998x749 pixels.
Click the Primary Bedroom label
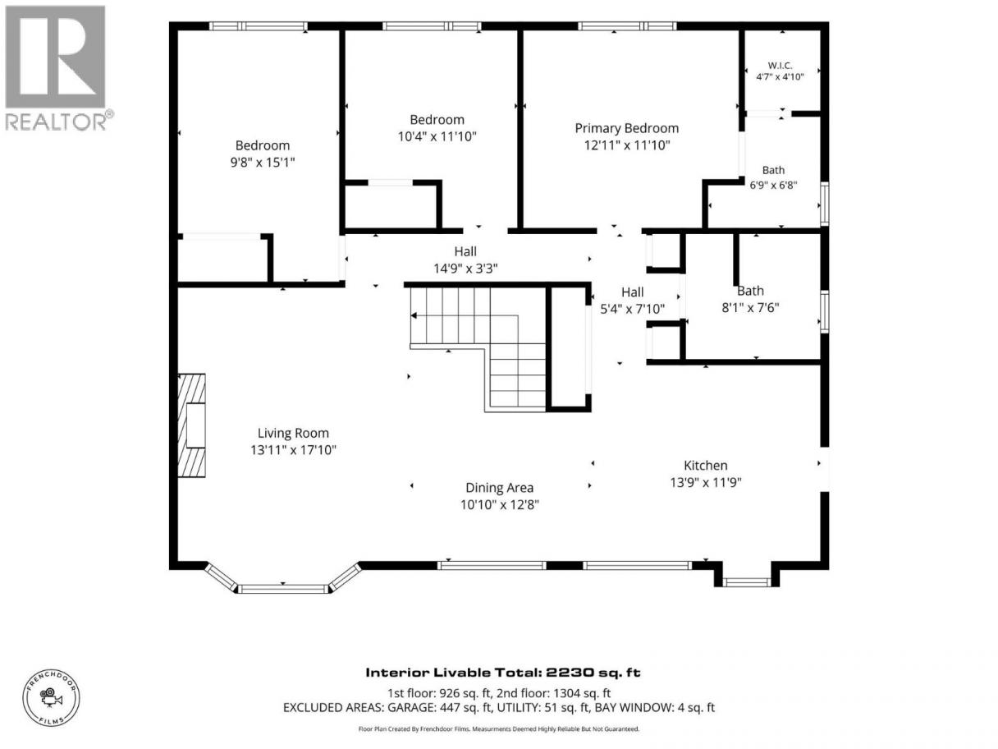[x=626, y=128]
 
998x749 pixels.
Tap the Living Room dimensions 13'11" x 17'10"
[x=293, y=450]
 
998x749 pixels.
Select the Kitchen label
[x=706, y=465]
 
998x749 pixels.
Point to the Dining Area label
[x=499, y=488]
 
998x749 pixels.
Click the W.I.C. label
[x=780, y=66]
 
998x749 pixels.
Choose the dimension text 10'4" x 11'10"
[x=437, y=136]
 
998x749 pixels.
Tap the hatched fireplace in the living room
[x=191, y=425]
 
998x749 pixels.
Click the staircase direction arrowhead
[x=414, y=315]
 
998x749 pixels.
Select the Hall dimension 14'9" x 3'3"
[x=465, y=269]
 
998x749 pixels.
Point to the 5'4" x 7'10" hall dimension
[x=633, y=310]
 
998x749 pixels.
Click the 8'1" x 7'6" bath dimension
[x=750, y=308]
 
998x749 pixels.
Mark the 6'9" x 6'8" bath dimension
[x=773, y=185]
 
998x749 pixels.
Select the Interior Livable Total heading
[x=503, y=672]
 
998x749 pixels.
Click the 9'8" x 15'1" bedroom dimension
[x=263, y=163]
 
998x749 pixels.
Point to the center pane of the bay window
[x=283, y=590]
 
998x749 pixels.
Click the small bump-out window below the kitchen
[x=746, y=582]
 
